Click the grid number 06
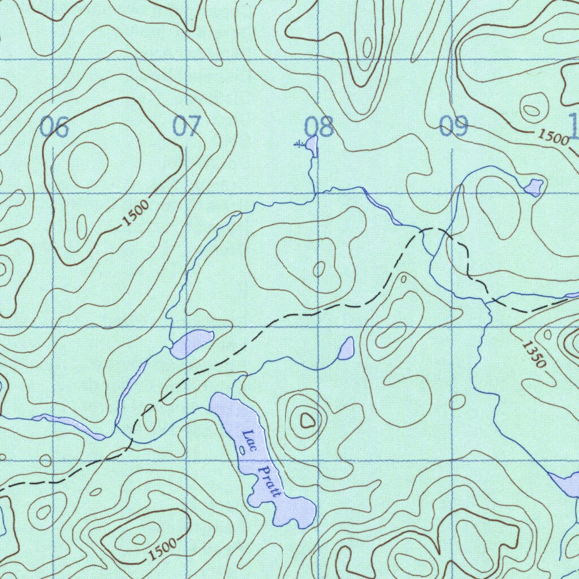(54, 127)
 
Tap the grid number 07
(187, 126)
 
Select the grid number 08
(319, 127)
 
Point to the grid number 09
(453, 126)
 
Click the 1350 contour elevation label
(533, 355)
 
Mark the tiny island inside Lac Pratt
(242, 450)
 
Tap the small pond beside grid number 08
(311, 145)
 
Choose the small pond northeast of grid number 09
(533, 186)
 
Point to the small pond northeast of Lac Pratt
(347, 348)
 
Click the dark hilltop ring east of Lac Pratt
(307, 420)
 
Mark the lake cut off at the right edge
(567, 484)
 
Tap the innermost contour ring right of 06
(88, 159)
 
